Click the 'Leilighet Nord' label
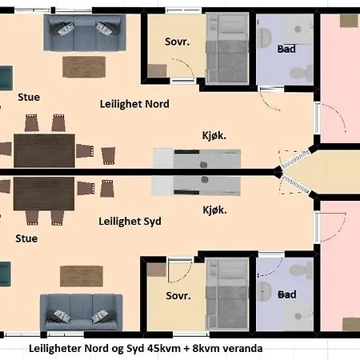pyautogui.click(x=134, y=104)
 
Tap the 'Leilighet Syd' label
pyautogui.click(x=130, y=222)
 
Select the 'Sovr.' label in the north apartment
pyautogui.click(x=177, y=42)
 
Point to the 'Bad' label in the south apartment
pyautogui.click(x=287, y=294)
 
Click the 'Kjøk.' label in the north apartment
pyautogui.click(x=214, y=136)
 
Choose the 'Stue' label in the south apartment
pyautogui.click(x=26, y=238)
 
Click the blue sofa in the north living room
pyautogui.click(x=85, y=33)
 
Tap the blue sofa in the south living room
pyautogui.click(x=82, y=313)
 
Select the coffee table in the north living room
pyautogui.click(x=84, y=67)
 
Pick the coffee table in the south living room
pyautogui.click(x=82, y=276)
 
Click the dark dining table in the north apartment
pyautogui.click(x=44, y=150)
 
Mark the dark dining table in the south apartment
pyautogui.click(x=44, y=194)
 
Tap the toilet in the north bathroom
pyautogui.click(x=302, y=73)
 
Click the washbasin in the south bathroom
pyautogui.click(x=265, y=291)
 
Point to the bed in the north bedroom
pyautogui.click(x=227, y=48)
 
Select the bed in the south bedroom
pyautogui.click(x=227, y=294)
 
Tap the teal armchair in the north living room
pyautogui.click(x=6, y=78)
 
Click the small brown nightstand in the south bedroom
pyautogui.click(x=156, y=270)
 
